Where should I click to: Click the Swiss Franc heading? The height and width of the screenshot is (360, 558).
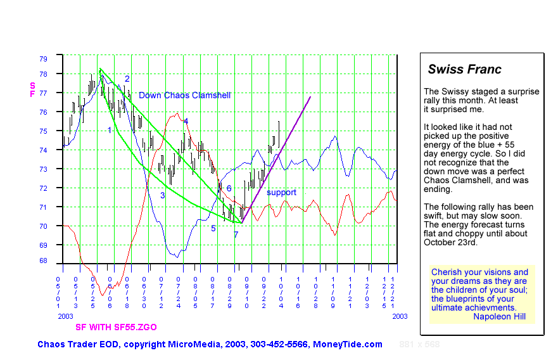464,70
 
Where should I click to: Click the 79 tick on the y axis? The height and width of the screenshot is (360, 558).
43,58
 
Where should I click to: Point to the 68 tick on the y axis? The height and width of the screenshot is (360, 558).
43,260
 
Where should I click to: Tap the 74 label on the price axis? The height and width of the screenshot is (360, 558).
43,150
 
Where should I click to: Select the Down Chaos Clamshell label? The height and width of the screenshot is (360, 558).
184,95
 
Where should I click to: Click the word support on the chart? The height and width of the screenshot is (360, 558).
281,192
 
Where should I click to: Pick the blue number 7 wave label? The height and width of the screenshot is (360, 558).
236,235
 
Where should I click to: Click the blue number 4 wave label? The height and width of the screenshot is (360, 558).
186,121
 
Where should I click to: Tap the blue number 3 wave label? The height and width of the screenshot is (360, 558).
162,195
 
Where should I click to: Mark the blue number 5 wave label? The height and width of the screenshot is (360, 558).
213,228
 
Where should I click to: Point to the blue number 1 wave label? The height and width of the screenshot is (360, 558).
110,131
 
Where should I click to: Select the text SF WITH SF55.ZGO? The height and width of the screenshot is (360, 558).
116,327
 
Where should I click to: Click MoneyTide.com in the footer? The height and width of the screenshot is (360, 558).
348,344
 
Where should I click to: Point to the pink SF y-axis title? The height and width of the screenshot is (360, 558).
32,89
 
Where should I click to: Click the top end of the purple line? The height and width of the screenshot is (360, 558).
310,96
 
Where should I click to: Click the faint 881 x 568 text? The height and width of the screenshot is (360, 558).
419,344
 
